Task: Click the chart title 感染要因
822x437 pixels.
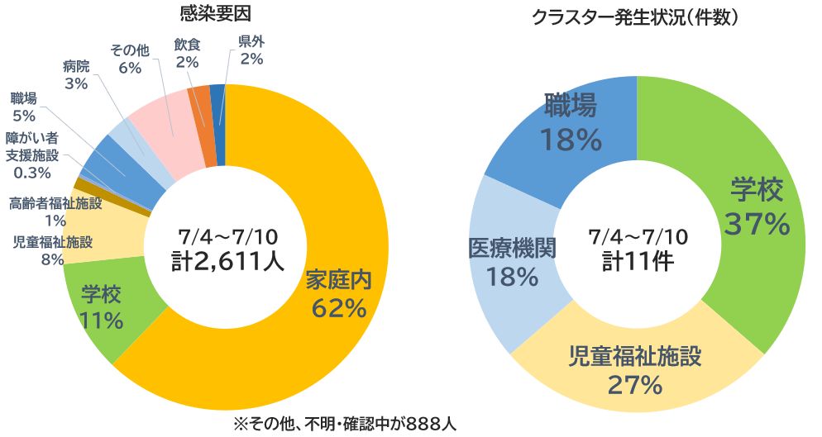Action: point(214,13)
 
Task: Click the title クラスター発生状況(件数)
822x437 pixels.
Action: point(635,16)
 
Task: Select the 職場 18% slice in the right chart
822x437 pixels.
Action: point(571,124)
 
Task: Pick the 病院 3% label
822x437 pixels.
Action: point(76,74)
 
